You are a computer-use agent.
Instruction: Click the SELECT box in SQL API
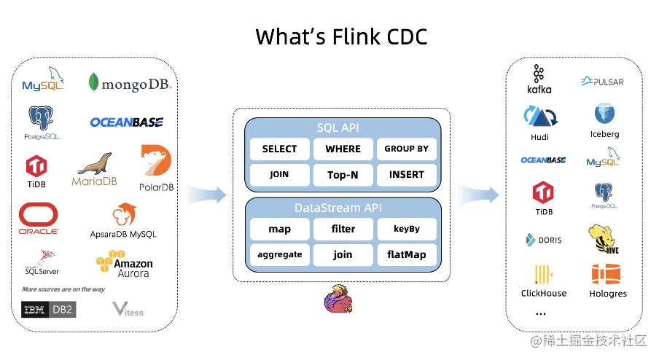pos(279,149)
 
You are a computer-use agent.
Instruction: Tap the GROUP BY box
pos(406,149)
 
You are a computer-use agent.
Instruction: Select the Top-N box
pos(343,175)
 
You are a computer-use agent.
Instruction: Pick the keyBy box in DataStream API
pos(406,229)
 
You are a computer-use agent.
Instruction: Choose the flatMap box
pos(406,254)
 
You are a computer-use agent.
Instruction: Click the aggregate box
pos(279,254)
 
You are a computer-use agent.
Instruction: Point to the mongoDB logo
pos(130,83)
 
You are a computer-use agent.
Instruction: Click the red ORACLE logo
pos(39,219)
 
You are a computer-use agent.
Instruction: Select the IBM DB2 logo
pos(49,310)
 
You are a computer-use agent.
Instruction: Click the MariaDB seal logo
pos(95,169)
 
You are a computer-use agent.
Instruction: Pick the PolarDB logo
pos(156,168)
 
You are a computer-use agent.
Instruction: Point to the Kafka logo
pos(539,79)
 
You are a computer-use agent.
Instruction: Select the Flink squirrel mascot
pos(338,299)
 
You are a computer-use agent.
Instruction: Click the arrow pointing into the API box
pos(207,195)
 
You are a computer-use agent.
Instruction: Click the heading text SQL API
pos(343,128)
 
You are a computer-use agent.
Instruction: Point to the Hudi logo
pos(539,120)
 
